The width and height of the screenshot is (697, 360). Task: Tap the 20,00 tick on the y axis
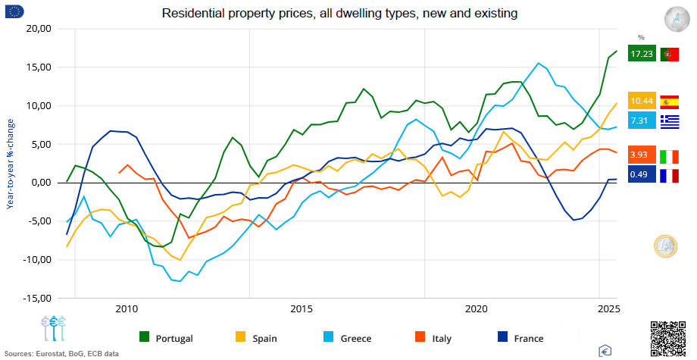pyautogui.click(x=39, y=29)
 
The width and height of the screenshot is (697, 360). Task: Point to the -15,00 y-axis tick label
pyautogui.click(x=37, y=298)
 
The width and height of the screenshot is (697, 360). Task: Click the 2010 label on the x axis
pyautogui.click(x=127, y=309)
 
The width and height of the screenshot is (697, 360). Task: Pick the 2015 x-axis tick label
pyautogui.click(x=302, y=309)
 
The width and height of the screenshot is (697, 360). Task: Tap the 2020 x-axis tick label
pyautogui.click(x=477, y=309)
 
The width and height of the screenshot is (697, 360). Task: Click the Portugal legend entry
pyautogui.click(x=167, y=338)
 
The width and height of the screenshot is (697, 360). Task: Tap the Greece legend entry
pyautogui.click(x=349, y=338)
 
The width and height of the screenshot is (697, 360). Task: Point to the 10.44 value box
pyautogui.click(x=642, y=101)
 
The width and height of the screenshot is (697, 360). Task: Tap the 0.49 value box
pyautogui.click(x=642, y=176)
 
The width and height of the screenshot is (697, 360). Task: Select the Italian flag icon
pyautogui.click(x=670, y=155)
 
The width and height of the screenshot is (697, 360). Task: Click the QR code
pyautogui.click(x=667, y=337)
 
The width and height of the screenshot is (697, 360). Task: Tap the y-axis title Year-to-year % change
pyautogui.click(x=11, y=164)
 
